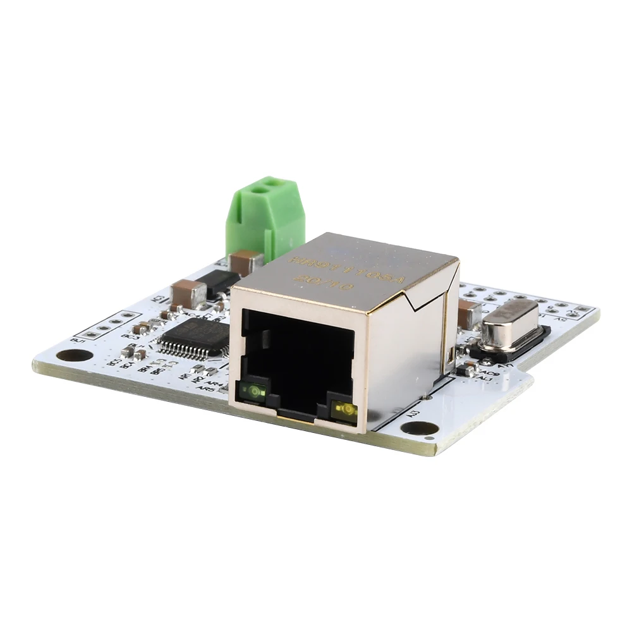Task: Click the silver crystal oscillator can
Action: click(x=510, y=324)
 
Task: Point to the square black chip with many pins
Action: click(x=193, y=336)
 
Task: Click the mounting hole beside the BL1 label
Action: click(x=69, y=355)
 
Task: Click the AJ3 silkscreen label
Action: click(x=415, y=414)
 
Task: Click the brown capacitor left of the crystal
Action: click(x=469, y=314)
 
